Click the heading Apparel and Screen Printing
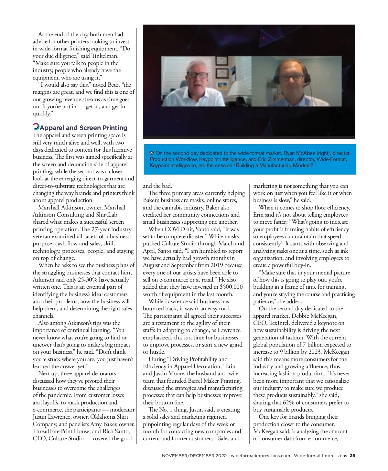[x=83, y=128]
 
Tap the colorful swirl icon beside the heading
[x=36, y=127]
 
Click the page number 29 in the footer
[x=352, y=455]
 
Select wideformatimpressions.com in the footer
[x=260, y=455]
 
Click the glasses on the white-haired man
[x=197, y=75]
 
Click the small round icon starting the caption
[x=152, y=153]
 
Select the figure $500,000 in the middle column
[x=231, y=287]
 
